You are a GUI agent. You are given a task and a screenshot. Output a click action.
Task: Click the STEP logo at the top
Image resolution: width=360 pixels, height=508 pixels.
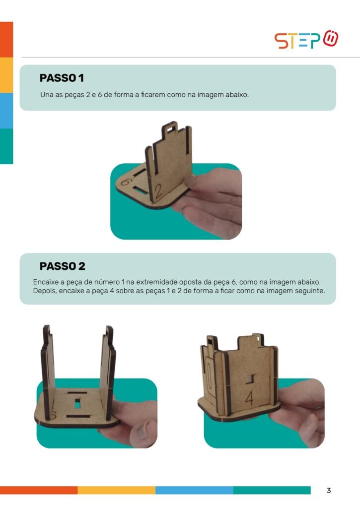point(306,40)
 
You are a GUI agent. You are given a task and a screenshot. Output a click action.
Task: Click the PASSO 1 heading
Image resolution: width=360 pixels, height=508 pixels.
point(62,78)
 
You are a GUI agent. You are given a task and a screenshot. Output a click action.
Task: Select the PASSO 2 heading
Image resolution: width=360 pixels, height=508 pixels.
point(62,266)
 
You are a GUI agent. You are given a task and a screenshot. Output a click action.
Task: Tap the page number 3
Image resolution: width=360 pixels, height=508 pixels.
point(329,491)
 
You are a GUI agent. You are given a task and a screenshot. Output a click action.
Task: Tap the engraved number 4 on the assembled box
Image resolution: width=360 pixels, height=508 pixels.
point(249,398)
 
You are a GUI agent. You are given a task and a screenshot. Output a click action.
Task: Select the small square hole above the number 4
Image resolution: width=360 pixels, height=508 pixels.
point(249,379)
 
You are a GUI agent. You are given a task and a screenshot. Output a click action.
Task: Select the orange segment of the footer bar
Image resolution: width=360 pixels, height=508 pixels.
point(39,490)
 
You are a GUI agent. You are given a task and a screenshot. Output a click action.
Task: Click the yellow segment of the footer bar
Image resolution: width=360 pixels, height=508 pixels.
point(117,490)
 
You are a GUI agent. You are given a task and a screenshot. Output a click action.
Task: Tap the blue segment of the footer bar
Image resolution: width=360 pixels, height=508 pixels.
point(194,490)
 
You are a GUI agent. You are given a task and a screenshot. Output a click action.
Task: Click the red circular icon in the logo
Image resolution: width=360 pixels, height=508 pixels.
point(331,38)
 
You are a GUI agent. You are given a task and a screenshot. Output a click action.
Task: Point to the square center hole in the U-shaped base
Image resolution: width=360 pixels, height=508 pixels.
point(77,404)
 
